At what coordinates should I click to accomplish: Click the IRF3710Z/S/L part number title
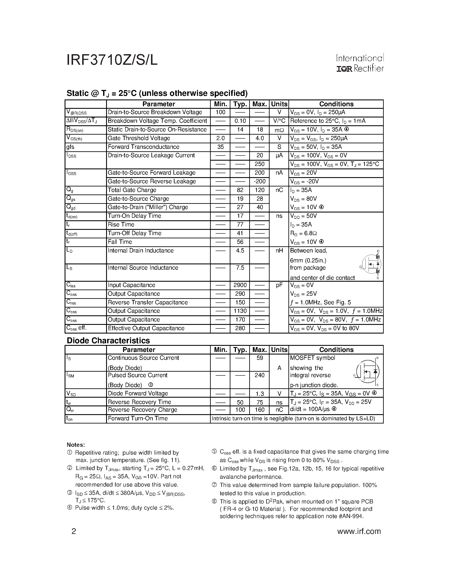(x=112, y=60)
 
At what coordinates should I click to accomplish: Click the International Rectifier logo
(x=360, y=63)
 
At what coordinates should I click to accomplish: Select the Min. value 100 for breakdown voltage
(x=220, y=112)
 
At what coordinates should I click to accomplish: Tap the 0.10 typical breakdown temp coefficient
(x=240, y=121)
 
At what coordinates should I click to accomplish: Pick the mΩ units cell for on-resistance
(x=279, y=130)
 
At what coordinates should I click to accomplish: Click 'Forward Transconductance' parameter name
(x=143, y=147)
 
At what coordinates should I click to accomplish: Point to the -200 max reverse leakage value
(x=259, y=181)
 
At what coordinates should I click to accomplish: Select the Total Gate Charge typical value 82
(x=240, y=190)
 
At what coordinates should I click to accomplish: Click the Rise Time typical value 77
(x=240, y=225)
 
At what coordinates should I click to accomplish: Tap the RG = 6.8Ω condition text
(x=303, y=233)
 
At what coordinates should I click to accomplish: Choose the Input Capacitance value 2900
(x=240, y=285)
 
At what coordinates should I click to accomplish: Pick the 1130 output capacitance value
(x=240, y=311)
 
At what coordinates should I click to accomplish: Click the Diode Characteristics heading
(x=108, y=341)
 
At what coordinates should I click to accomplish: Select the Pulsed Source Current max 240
(x=259, y=375)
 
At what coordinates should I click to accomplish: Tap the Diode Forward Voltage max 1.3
(x=259, y=394)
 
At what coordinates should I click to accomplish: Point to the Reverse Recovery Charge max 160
(x=259, y=410)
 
